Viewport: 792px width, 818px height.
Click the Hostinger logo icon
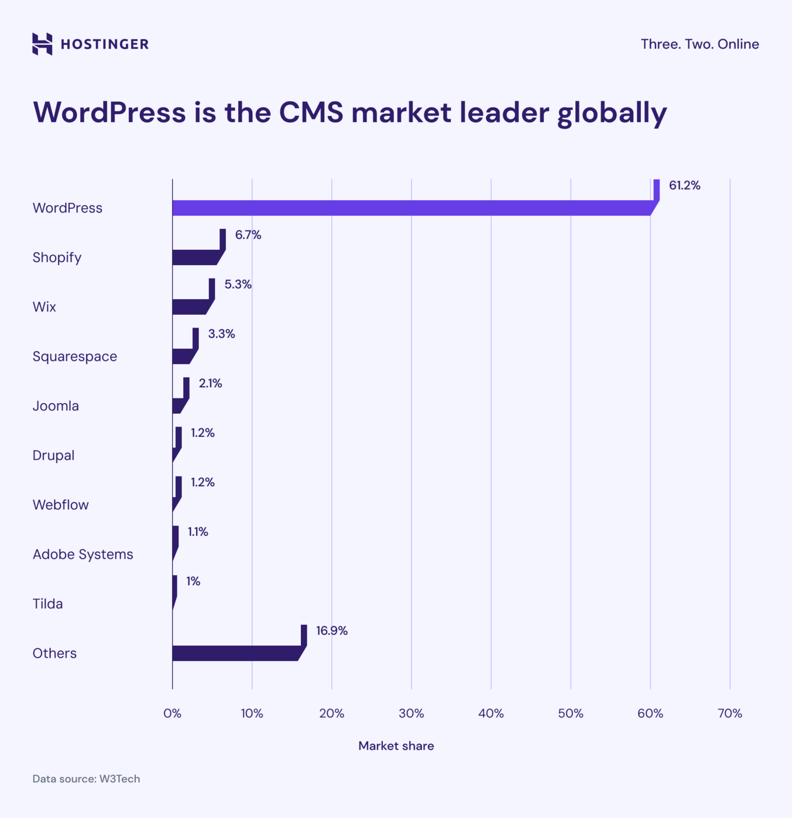coord(42,44)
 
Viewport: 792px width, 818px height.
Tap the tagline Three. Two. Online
coord(699,44)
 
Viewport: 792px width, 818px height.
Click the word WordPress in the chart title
coord(109,112)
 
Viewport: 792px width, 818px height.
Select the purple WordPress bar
coord(410,208)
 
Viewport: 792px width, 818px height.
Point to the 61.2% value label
coord(684,185)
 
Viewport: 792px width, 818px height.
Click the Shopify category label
coord(57,258)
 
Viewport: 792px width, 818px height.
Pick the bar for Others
coord(234,653)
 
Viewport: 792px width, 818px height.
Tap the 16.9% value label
coord(331,631)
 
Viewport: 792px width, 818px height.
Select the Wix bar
coord(189,307)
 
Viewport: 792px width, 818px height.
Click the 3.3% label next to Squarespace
coord(221,334)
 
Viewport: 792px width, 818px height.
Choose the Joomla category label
coord(55,406)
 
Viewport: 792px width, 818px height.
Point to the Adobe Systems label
coord(83,554)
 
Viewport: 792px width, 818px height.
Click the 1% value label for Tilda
coord(193,582)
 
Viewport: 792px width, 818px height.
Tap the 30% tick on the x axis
coord(411,714)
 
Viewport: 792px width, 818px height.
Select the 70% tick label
coord(730,714)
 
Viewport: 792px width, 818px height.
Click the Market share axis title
coord(396,746)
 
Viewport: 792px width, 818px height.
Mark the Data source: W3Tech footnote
coord(86,779)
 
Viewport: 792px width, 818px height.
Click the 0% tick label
coord(172,714)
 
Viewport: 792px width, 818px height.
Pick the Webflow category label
coord(61,505)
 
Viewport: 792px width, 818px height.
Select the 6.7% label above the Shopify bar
coord(248,235)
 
